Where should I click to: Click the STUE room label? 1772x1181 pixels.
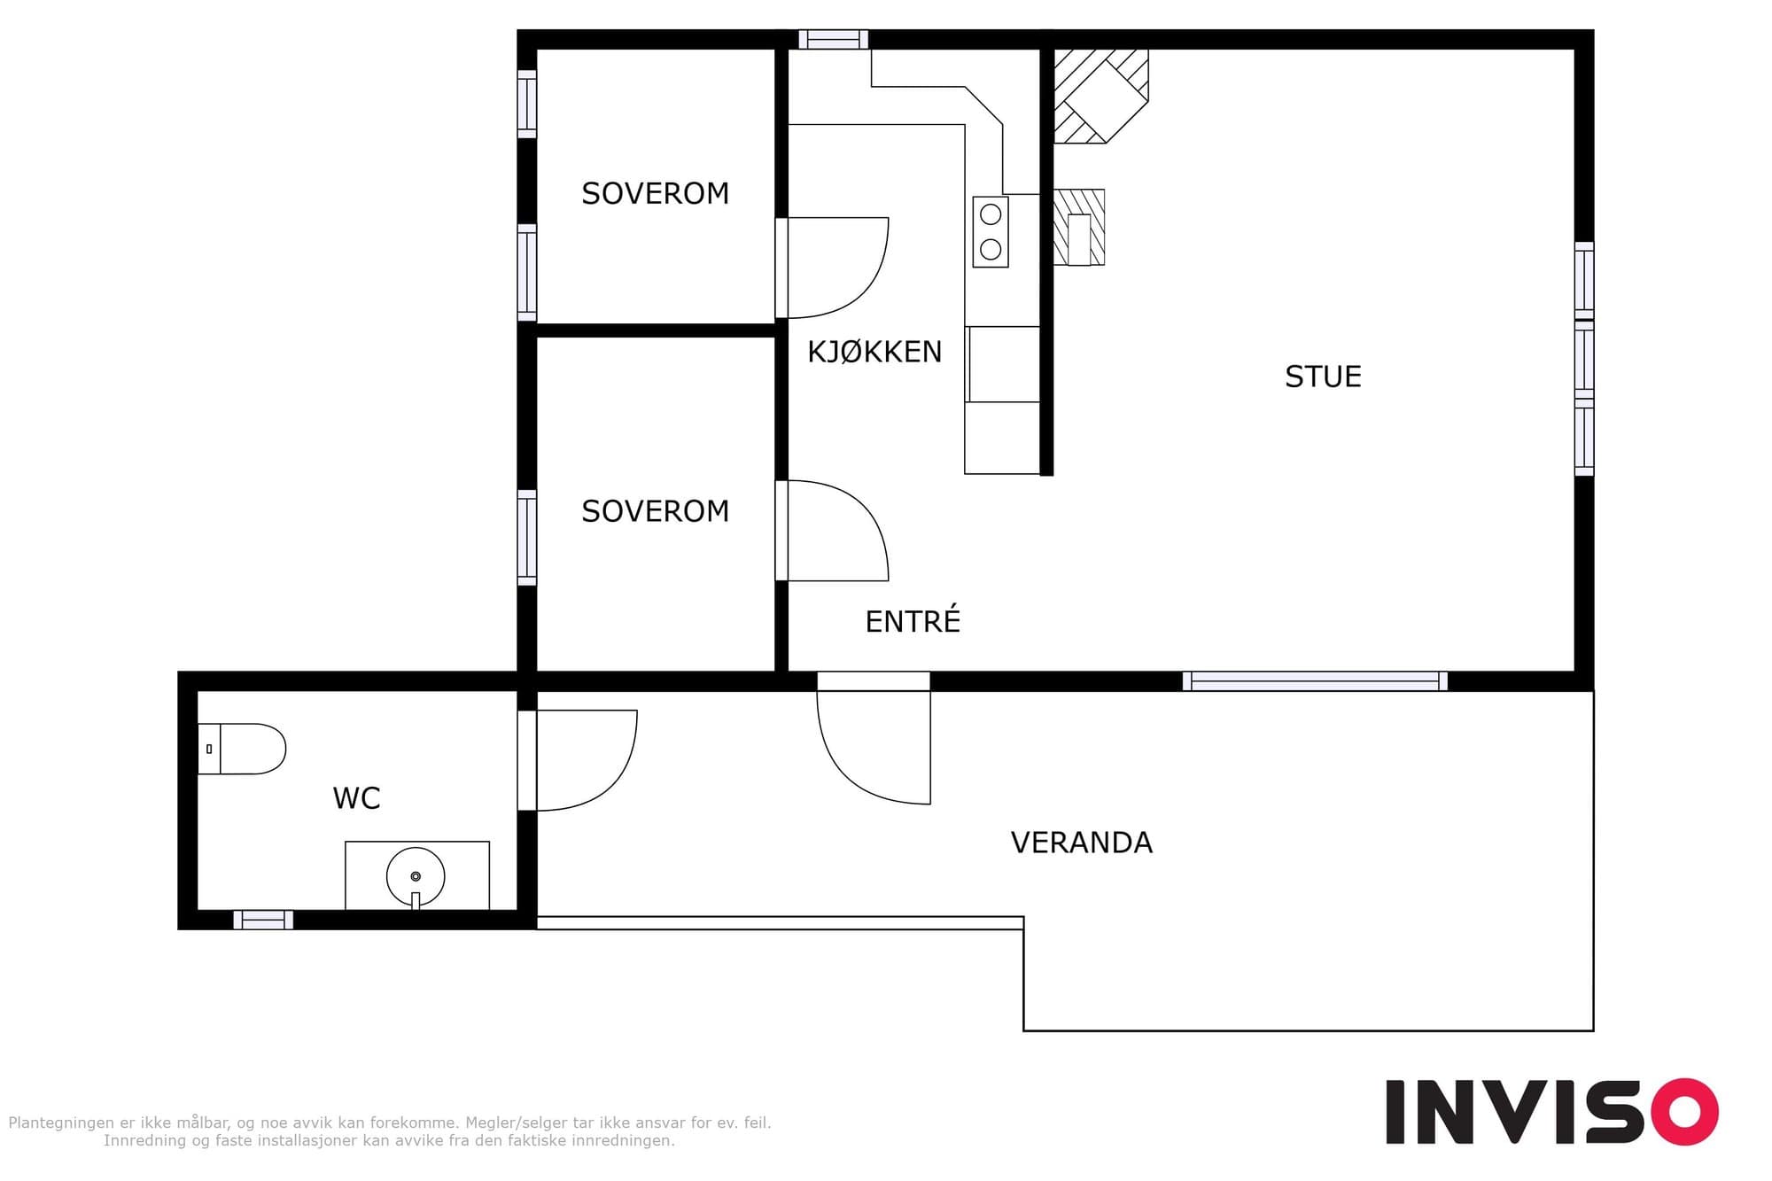1323,377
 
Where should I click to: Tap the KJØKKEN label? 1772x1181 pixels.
874,352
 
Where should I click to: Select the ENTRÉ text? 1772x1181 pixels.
913,620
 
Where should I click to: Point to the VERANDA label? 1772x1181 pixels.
1082,842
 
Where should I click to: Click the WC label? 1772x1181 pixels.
356,798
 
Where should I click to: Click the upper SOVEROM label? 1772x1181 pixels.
655,193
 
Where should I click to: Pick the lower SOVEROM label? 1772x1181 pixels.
655,511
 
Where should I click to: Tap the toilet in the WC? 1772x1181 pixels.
242,749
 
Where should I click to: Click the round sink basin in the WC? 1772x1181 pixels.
416,876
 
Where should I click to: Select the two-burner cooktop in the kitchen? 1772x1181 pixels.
991,231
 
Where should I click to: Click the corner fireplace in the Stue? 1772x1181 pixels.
1101,96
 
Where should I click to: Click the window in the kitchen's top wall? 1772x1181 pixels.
833,39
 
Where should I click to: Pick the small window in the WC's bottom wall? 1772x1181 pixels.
263,920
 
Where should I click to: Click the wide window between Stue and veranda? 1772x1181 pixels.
1315,681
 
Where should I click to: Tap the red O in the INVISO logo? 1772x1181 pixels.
1683,1112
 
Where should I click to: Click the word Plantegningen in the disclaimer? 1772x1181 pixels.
61,1123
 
